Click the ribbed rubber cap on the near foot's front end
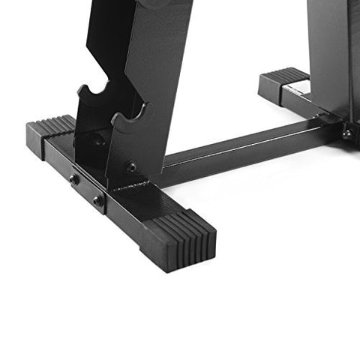[184, 238]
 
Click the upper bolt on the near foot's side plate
[74, 179]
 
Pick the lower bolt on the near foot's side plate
[97, 200]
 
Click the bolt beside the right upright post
[347, 133]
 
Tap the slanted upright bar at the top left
[150, 37]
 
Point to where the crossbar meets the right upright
[328, 122]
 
